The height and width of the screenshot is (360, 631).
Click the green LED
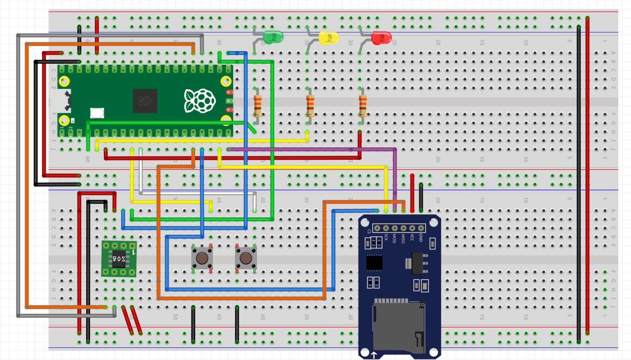(273, 37)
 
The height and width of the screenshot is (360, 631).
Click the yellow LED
(328, 38)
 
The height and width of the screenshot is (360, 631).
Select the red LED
(381, 38)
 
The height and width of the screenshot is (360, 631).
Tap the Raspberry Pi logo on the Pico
(200, 101)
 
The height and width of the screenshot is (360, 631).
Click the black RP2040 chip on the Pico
(145, 101)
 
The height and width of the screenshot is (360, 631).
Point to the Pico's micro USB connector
(61, 101)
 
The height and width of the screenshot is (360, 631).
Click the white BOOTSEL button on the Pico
(97, 113)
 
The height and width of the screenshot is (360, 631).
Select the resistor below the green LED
(258, 106)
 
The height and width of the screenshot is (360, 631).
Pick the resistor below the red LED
(362, 106)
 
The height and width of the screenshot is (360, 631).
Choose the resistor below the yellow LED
(310, 106)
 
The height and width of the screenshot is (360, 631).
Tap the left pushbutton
(202, 258)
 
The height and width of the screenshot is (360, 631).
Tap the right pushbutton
(246, 258)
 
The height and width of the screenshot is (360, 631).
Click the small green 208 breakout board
(119, 259)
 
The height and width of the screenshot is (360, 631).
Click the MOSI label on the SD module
(395, 238)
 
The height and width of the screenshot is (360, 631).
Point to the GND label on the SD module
(421, 237)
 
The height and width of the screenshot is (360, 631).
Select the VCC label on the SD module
(412, 237)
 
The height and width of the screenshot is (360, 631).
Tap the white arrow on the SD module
(374, 355)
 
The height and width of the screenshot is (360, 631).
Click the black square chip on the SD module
(374, 263)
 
